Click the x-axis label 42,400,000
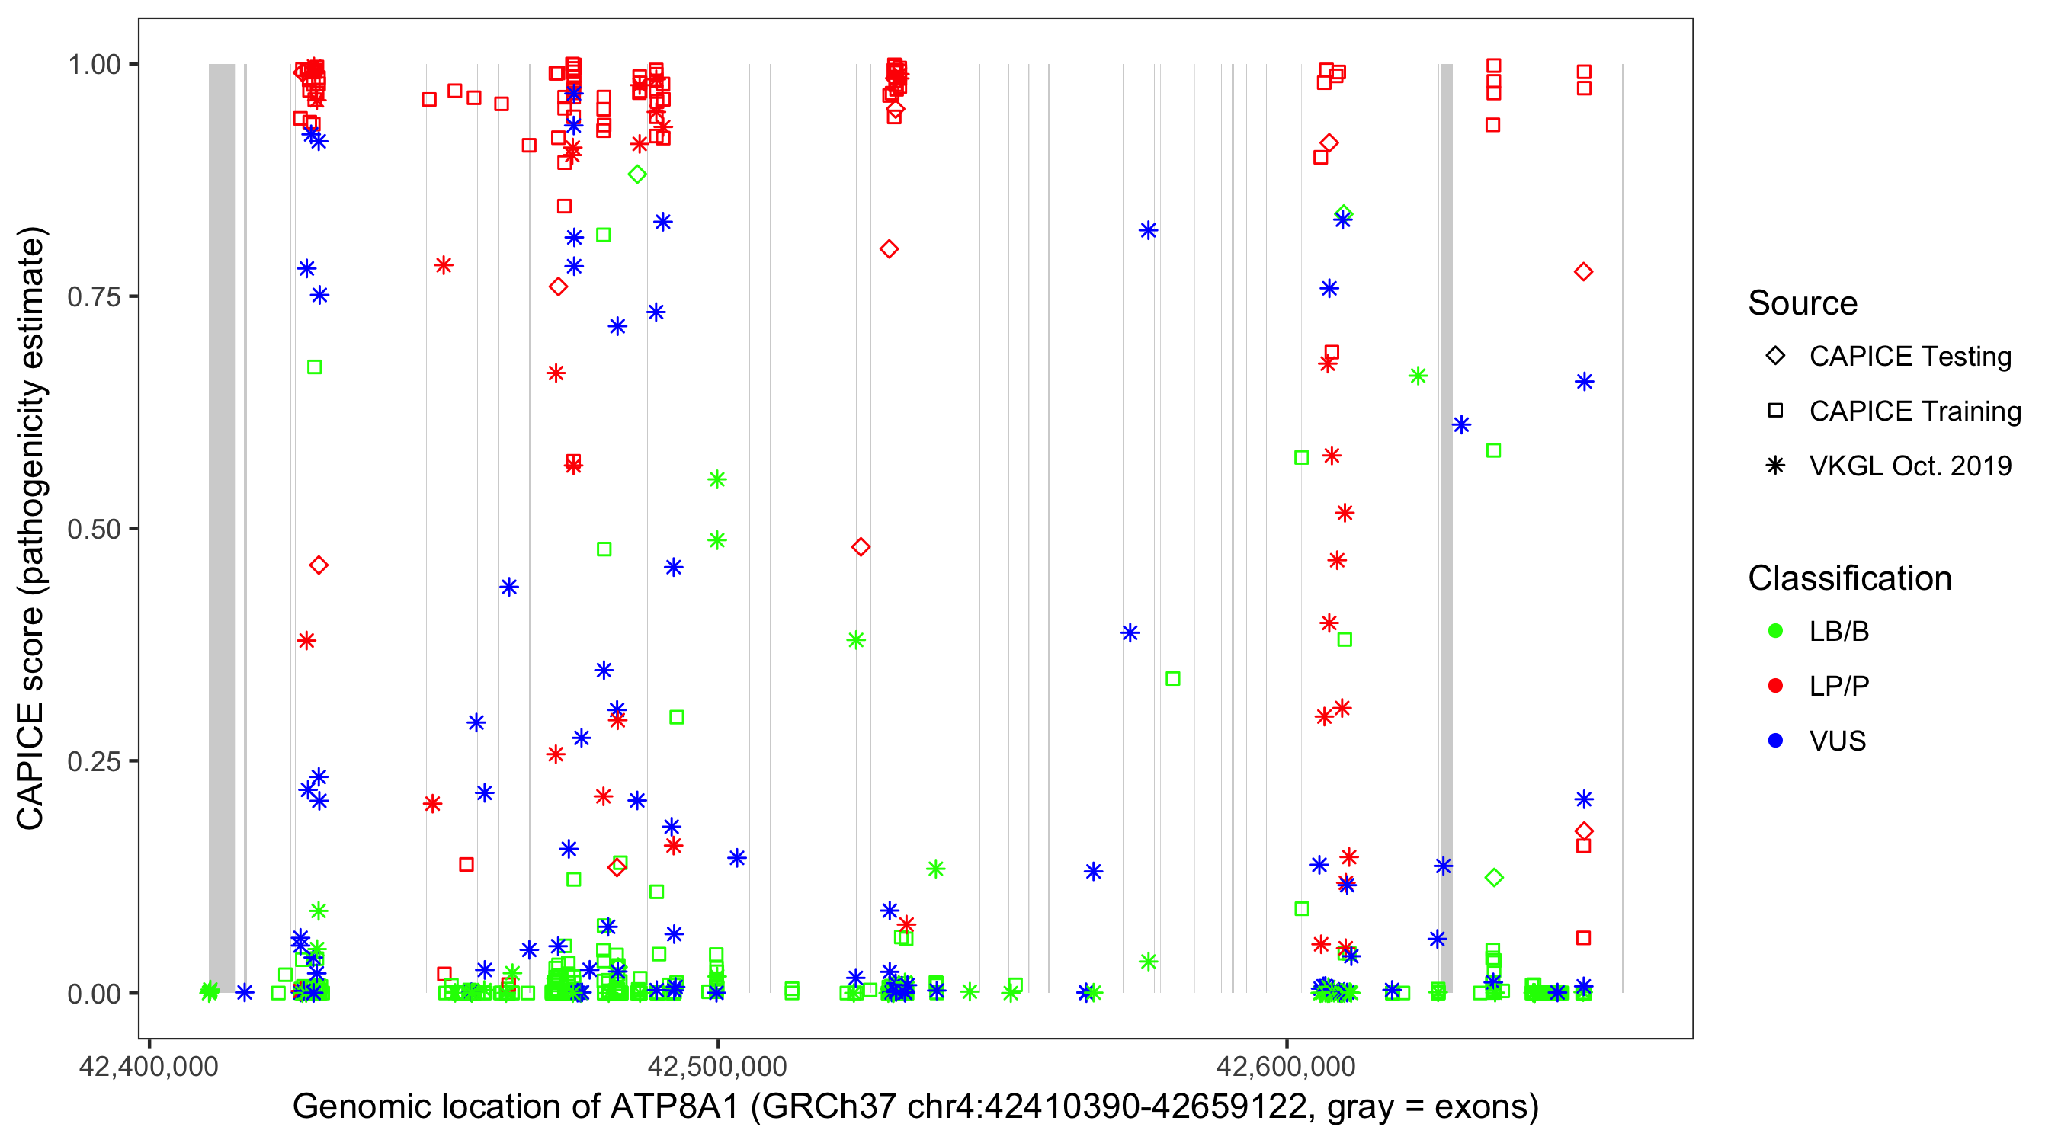pyautogui.click(x=149, y=1066)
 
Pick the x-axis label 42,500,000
pyautogui.click(x=717, y=1066)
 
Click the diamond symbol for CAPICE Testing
pyautogui.click(x=1775, y=357)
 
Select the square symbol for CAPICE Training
pyautogui.click(x=1775, y=411)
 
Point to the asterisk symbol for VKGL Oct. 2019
pyautogui.click(x=1775, y=466)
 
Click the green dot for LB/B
pyautogui.click(x=1775, y=631)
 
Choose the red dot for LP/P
pyautogui.click(x=1775, y=686)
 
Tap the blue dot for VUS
pyautogui.click(x=1775, y=741)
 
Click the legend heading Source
pyautogui.click(x=1803, y=303)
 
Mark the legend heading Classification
pyautogui.click(x=1849, y=578)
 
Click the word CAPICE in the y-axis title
pyautogui.click(x=30, y=766)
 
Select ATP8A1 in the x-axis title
pyautogui.click(x=675, y=1107)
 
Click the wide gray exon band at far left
pyautogui.click(x=222, y=527)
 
